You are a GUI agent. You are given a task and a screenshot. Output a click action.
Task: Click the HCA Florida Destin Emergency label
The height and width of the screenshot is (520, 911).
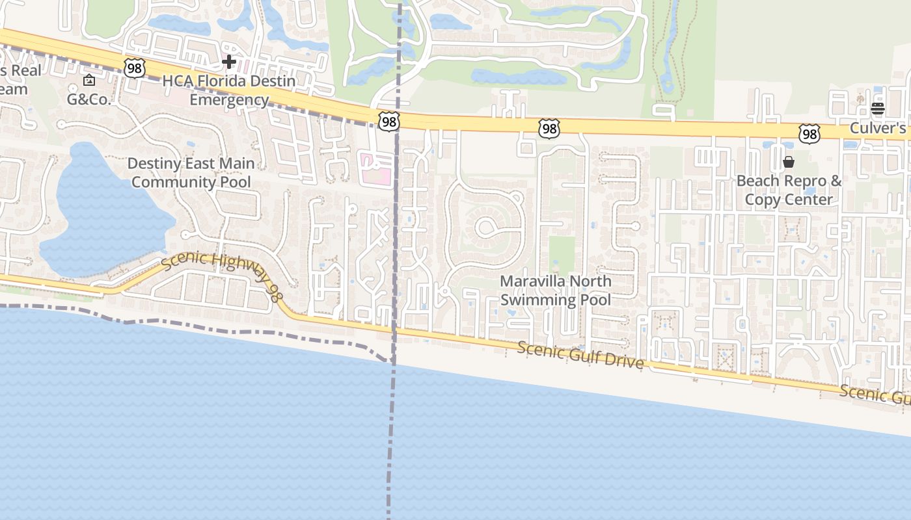tap(229, 90)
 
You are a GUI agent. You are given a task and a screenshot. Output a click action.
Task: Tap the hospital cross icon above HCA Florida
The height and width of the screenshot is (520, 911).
tap(229, 62)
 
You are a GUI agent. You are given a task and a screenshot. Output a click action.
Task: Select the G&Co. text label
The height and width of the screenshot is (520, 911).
tap(89, 99)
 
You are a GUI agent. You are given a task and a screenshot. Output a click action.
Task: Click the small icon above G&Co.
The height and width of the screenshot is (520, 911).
tap(89, 80)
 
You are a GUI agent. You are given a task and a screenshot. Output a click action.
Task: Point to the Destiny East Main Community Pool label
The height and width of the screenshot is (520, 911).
tap(191, 172)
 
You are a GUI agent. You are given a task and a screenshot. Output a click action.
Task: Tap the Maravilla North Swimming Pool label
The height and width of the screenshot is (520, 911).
tap(556, 290)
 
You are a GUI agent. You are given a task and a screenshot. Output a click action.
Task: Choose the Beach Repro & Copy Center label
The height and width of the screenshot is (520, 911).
tap(789, 190)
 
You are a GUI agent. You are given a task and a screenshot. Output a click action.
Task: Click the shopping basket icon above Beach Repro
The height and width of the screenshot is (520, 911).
tap(789, 161)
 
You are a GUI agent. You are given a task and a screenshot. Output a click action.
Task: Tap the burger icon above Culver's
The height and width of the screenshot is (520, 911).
tap(878, 109)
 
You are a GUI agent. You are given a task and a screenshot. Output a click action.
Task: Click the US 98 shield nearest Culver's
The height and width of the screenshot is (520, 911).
tap(809, 134)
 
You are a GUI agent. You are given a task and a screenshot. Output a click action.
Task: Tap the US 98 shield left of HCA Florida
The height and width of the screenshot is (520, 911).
tap(133, 68)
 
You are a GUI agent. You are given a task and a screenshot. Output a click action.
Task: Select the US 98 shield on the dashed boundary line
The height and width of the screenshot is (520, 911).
tap(388, 122)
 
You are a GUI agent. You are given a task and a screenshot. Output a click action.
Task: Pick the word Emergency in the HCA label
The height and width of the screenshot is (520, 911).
tap(229, 99)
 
